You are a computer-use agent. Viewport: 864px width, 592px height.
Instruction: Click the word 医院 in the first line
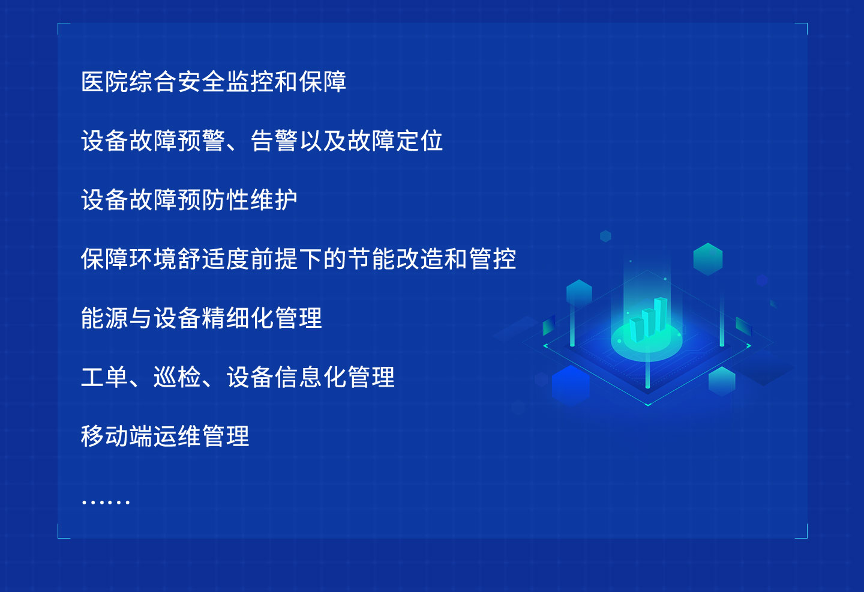[x=104, y=82]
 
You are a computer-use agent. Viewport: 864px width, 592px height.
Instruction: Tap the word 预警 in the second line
[x=202, y=141]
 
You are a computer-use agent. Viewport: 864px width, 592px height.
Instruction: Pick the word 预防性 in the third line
[x=214, y=200]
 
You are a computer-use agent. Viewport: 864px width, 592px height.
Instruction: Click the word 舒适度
[x=214, y=259]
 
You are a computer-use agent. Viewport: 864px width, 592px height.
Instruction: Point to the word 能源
[x=104, y=318]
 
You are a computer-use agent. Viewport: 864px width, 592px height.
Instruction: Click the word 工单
[x=104, y=378]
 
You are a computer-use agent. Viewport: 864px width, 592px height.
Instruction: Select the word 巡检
[x=177, y=378]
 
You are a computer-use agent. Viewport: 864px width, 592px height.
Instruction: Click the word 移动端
[x=116, y=436]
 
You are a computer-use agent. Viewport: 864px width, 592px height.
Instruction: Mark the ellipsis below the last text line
[x=106, y=501]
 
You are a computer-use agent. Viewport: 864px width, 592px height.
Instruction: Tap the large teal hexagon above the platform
[x=708, y=259]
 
